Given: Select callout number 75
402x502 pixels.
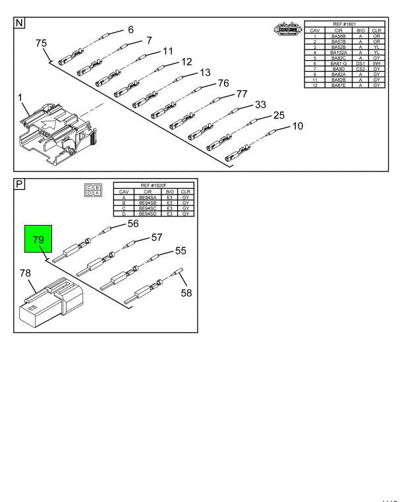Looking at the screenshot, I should pos(41,44).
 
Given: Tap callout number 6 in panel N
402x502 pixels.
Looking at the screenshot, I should pos(130,30).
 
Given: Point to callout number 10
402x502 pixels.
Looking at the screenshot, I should pos(297,126).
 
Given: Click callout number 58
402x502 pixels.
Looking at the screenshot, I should pos(187,293).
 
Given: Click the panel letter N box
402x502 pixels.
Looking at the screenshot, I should pos(20,22).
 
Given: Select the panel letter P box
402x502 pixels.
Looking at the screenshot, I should pos(20,184).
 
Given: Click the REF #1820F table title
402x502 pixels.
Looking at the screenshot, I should pos(154,185).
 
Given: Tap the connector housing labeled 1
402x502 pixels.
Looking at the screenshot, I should pos(56,129).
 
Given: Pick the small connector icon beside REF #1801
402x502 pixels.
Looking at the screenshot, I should pos(287,30).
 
